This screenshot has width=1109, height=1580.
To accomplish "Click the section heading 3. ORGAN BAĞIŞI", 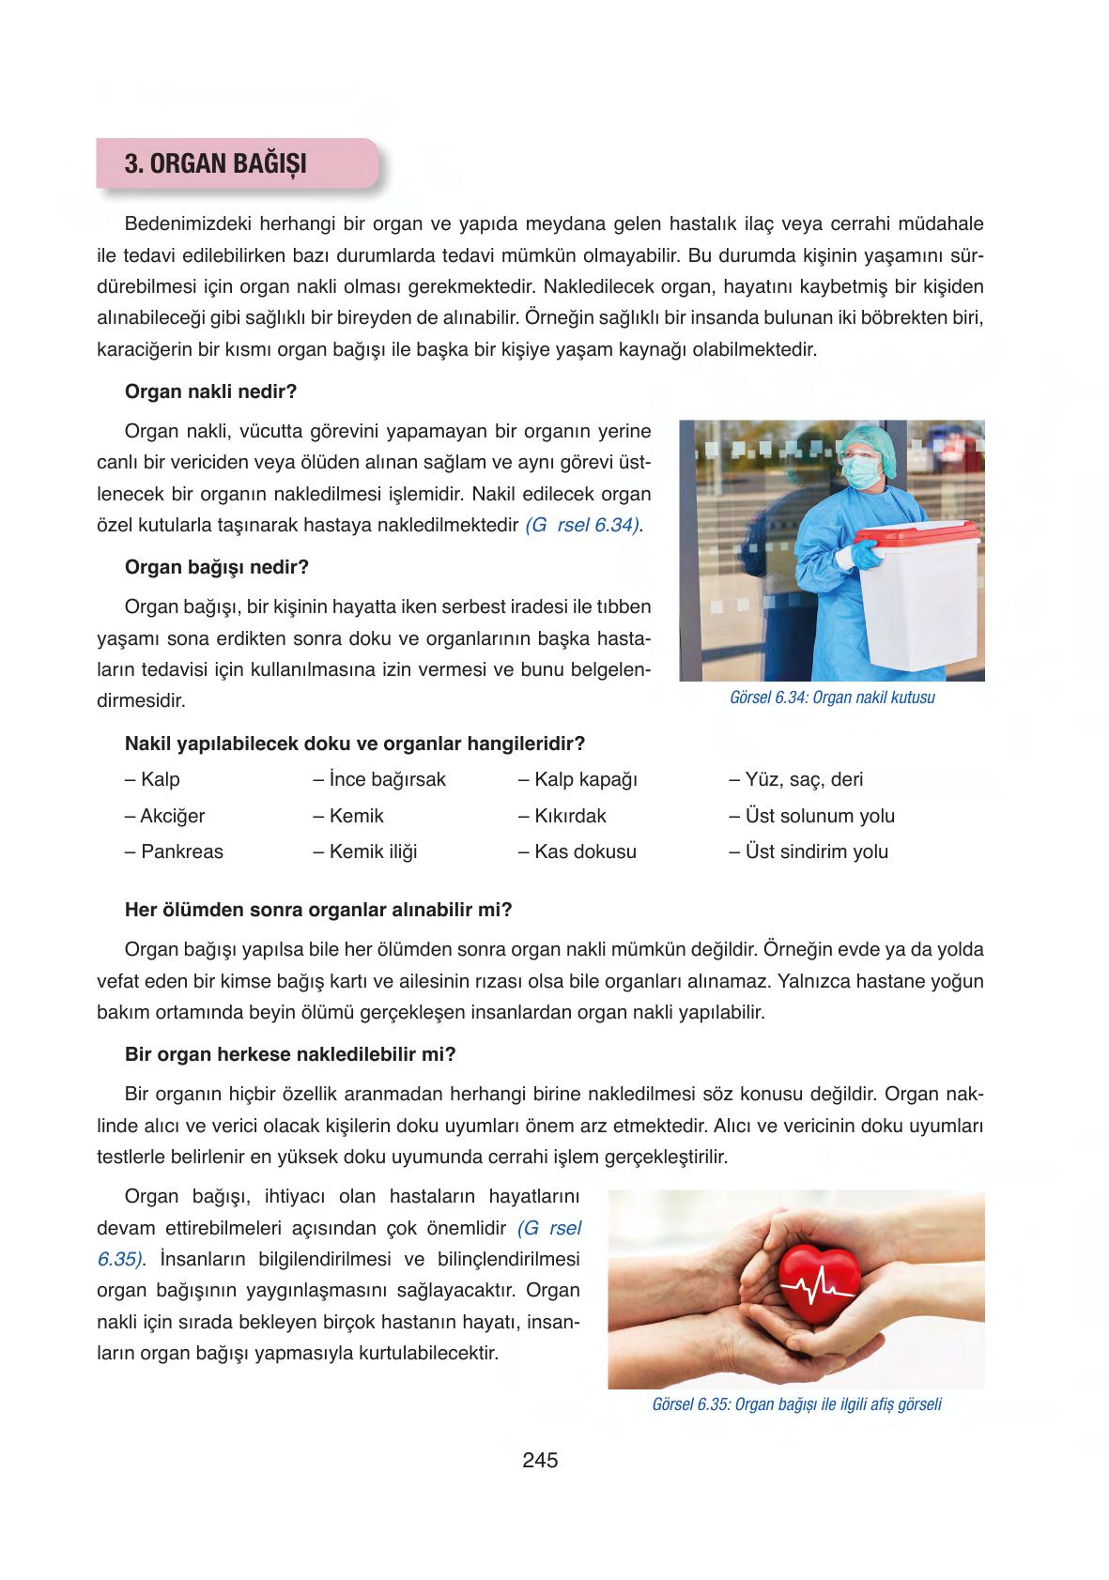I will pyautogui.click(x=216, y=162).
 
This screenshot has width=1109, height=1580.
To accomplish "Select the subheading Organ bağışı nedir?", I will pyautogui.click(x=217, y=567).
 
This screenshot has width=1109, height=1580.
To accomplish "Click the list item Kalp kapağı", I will pyautogui.click(x=578, y=779).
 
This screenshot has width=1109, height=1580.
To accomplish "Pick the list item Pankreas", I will pyautogui.click(x=174, y=851).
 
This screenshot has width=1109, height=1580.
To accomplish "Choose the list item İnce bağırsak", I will pyautogui.click(x=379, y=779).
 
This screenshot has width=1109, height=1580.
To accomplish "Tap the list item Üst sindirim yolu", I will pyautogui.click(x=809, y=851).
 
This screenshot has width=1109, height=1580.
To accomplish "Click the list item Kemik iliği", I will pyautogui.click(x=365, y=851).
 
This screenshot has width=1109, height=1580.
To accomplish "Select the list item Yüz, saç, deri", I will pyautogui.click(x=796, y=779).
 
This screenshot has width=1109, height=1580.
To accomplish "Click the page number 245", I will pyautogui.click(x=540, y=1460).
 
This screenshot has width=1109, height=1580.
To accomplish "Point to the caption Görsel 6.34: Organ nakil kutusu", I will pyautogui.click(x=831, y=698).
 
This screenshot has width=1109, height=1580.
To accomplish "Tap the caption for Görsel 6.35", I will pyautogui.click(x=795, y=1404).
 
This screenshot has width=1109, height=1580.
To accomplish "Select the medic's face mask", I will pyautogui.click(x=859, y=470).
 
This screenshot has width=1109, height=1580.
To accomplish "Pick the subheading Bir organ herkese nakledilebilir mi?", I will pyautogui.click(x=290, y=1054).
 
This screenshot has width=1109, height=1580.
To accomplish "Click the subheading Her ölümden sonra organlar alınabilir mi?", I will pyautogui.click(x=318, y=910).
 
